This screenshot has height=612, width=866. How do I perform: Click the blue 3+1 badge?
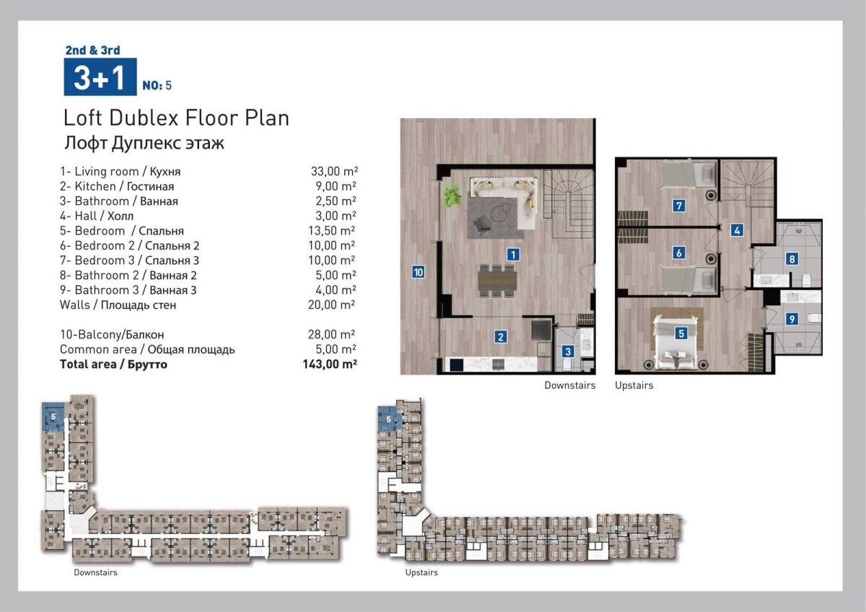pyautogui.click(x=100, y=76)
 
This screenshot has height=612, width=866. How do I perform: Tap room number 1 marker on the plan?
pyautogui.click(x=513, y=254)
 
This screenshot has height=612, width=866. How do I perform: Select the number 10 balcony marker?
pyautogui.click(x=419, y=272)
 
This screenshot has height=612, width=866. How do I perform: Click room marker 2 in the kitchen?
pyautogui.click(x=501, y=337)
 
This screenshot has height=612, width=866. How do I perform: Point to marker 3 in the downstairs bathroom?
pyautogui.click(x=568, y=351)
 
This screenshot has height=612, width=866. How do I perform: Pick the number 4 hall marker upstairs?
pyautogui.click(x=737, y=230)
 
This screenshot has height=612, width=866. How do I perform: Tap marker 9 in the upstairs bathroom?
pyautogui.click(x=792, y=319)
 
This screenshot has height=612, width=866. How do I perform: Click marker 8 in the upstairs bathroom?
pyautogui.click(x=792, y=258)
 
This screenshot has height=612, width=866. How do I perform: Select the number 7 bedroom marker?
pyautogui.click(x=679, y=205)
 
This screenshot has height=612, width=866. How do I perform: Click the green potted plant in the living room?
pyautogui.click(x=452, y=196)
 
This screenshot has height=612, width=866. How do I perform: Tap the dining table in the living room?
pyautogui.click(x=497, y=280)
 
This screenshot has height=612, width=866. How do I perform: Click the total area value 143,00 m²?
pyautogui.click(x=330, y=364)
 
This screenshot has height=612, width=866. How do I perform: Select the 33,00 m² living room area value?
pyautogui.click(x=334, y=171)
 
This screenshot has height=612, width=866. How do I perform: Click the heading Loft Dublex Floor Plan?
pyautogui.click(x=176, y=118)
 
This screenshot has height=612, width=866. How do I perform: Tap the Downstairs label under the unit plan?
pyautogui.click(x=570, y=385)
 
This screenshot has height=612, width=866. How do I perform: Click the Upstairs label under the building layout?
pyautogui.click(x=421, y=572)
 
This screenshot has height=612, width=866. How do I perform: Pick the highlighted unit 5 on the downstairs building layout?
pyautogui.click(x=53, y=416)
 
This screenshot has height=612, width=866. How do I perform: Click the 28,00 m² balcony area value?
pyautogui.click(x=331, y=334)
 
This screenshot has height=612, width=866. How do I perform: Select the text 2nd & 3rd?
pyautogui.click(x=93, y=51)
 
